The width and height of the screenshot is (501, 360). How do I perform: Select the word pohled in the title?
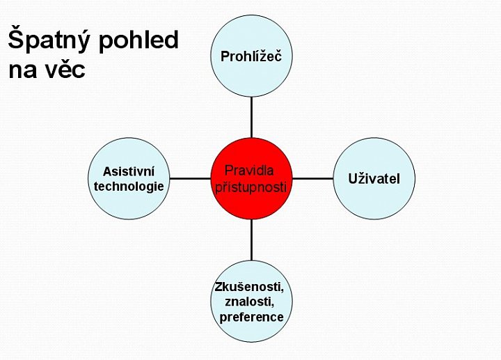[138, 40]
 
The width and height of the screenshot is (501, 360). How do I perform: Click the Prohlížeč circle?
[251, 56]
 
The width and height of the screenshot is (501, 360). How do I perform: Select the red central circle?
[251, 178]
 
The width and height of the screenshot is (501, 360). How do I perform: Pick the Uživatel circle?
[374, 178]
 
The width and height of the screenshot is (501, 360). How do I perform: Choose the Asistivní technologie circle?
[129, 178]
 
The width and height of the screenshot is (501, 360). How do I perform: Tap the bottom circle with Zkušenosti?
[251, 302]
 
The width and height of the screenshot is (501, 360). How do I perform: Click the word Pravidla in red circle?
[249, 171]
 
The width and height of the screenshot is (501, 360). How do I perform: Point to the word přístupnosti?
[250, 187]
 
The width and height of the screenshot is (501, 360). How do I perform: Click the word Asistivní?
[129, 171]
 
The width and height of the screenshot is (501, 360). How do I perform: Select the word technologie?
[129, 187]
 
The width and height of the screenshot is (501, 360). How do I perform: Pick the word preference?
[251, 317]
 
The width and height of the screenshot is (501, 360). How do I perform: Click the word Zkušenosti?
[250, 287]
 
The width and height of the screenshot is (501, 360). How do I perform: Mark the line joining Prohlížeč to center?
[251, 118]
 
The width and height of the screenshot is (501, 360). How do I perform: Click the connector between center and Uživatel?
[313, 178]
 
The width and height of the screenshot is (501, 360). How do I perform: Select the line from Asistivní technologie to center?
[190, 178]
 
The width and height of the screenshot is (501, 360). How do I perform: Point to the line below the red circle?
[251, 240]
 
